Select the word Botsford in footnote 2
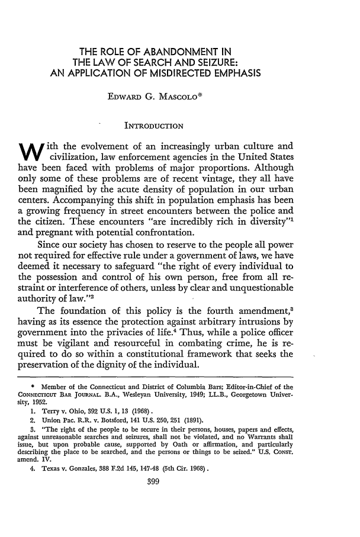pyautogui.click(x=110, y=459)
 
